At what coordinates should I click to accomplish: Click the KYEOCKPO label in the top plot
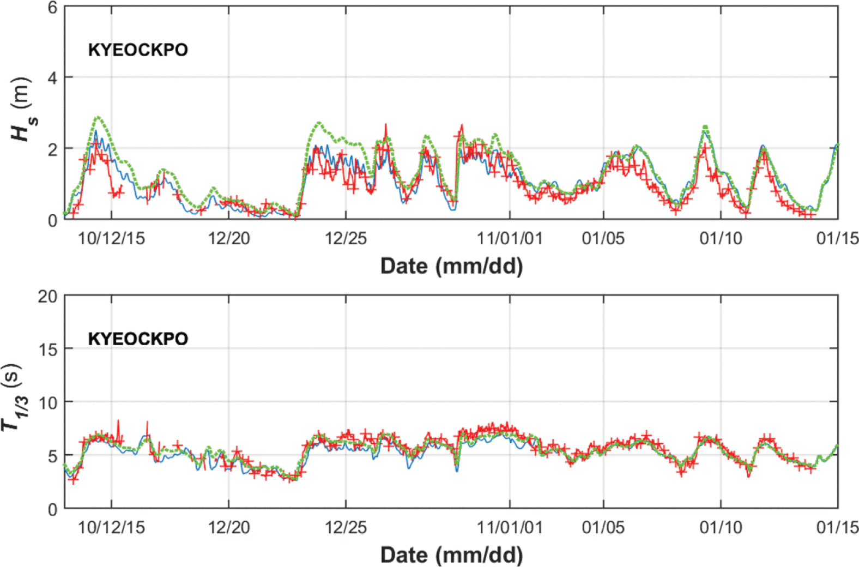tap(138, 50)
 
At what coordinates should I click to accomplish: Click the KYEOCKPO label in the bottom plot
tap(138, 339)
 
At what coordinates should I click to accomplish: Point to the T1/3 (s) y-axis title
tap(12, 397)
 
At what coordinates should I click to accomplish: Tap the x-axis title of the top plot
tap(451, 267)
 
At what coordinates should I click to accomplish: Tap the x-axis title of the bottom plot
tap(451, 556)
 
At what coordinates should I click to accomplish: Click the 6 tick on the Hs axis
tap(52, 8)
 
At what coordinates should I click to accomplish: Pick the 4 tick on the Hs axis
tap(52, 78)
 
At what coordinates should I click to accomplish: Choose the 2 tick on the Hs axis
tap(52, 149)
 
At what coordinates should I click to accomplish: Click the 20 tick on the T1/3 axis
tap(47, 297)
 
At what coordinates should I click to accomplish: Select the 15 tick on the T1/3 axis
tap(47, 349)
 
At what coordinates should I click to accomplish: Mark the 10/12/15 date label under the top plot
tap(112, 239)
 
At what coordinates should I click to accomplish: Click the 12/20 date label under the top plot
tap(229, 239)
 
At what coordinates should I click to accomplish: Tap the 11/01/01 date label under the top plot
tap(510, 239)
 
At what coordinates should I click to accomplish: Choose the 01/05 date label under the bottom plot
tap(603, 528)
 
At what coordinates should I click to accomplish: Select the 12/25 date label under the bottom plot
tap(346, 528)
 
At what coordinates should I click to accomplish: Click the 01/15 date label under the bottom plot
tap(837, 528)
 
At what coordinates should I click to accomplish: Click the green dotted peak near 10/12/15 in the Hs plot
tap(98, 118)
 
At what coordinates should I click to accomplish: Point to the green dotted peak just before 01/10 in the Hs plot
tap(705, 127)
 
